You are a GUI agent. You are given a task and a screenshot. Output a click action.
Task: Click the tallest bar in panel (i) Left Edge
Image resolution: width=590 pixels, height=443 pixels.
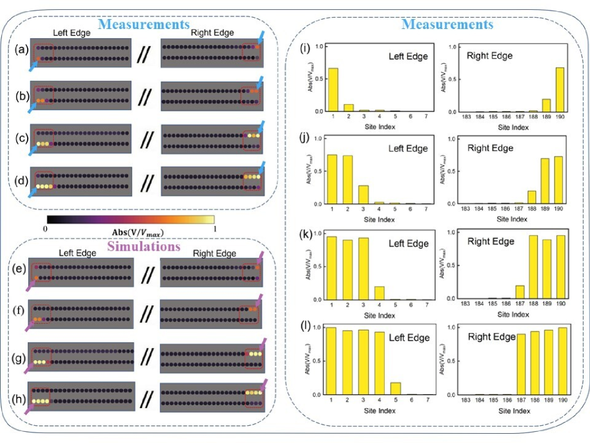[x=333, y=90]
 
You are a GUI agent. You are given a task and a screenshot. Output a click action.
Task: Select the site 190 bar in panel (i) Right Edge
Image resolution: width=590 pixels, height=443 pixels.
[x=560, y=89]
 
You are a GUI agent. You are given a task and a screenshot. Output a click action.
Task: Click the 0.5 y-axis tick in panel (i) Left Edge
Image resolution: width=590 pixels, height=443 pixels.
[x=319, y=79]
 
